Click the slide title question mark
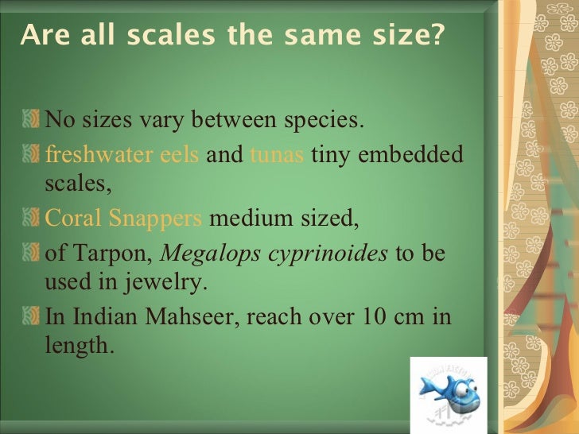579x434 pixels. click(x=437, y=37)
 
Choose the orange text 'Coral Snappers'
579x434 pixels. click(x=123, y=219)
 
